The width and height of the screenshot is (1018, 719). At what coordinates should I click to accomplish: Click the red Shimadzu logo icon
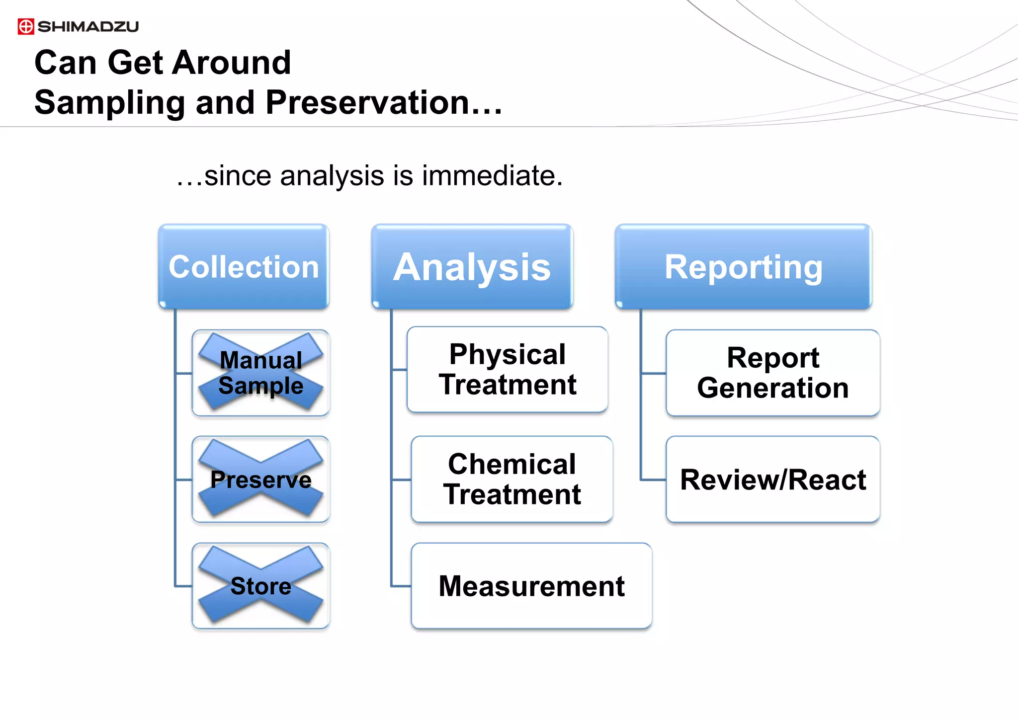coord(26,26)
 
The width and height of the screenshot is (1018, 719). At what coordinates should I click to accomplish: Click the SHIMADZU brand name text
coord(88,26)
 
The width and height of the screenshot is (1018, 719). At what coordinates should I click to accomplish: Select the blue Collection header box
coord(244,267)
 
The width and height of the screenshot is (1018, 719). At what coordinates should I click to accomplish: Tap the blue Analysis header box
coord(472,267)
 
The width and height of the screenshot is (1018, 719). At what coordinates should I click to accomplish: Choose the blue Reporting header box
coord(744,267)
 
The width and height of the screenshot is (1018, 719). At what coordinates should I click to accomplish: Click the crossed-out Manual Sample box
coord(261,373)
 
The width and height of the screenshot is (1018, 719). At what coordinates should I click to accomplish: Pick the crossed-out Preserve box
coord(261,479)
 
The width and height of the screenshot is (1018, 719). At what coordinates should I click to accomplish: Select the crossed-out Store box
coord(261,586)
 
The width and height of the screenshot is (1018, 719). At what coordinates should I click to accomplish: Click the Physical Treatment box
coord(507,369)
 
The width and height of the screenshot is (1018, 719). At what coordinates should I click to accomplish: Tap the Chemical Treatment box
coord(512,479)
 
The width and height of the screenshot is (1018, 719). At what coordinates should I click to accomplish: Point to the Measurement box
coord(531,586)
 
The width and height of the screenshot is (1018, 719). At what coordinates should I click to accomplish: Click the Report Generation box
coord(773,373)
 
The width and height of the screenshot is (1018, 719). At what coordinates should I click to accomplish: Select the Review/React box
coord(773,479)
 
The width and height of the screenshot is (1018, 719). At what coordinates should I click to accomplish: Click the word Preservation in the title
coord(368,103)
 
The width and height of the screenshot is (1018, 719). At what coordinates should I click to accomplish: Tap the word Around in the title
coord(232,63)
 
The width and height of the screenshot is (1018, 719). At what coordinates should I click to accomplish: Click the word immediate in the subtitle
coord(492,176)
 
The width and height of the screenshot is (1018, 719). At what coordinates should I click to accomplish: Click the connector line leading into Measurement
coord(401,586)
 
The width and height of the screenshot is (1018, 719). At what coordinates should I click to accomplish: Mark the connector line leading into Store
coord(183,586)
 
